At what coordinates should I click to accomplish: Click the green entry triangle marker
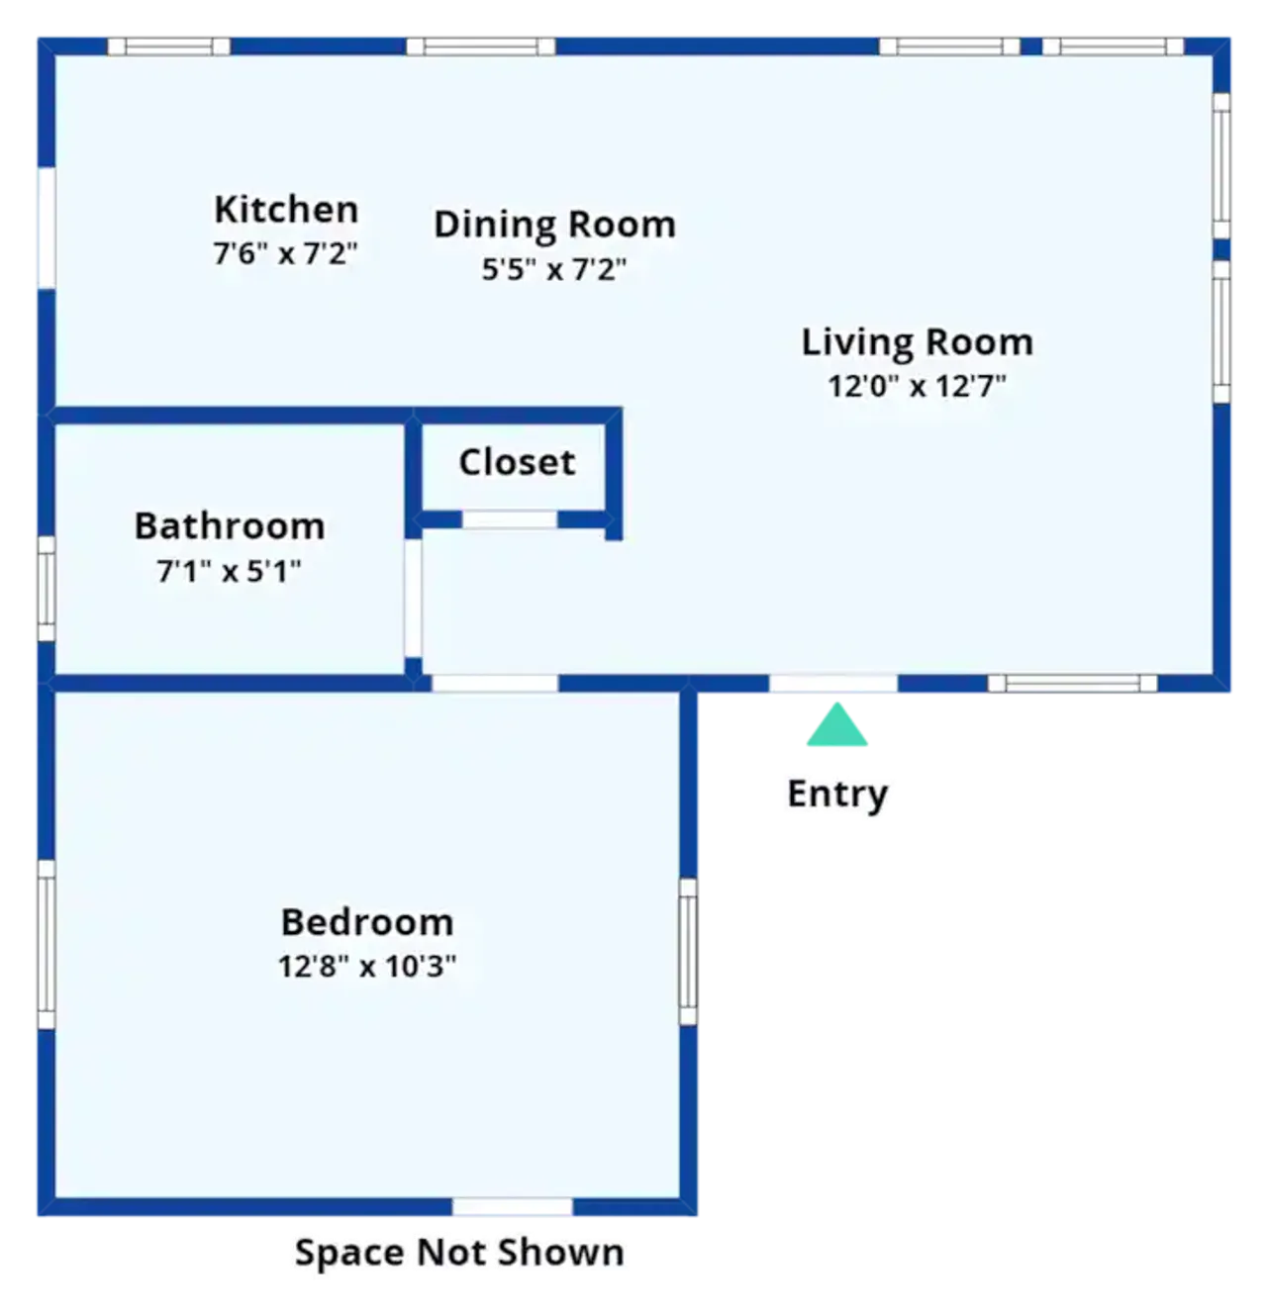[836, 725]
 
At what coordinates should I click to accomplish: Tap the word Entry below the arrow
[837, 795]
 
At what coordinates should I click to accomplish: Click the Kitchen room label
[286, 210]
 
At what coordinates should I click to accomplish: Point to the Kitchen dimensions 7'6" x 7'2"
[285, 253]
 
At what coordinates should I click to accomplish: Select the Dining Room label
[554, 225]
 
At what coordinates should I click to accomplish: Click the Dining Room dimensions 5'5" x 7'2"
[553, 269]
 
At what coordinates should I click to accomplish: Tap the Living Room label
[918, 341]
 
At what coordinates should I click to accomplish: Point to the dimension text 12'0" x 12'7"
[918, 386]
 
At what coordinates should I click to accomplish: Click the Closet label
[518, 462]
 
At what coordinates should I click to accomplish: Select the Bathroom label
[230, 526]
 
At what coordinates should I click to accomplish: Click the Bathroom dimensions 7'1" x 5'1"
[229, 571]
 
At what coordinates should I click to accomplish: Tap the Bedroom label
[367, 922]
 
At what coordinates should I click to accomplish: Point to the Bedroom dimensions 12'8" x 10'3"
[367, 967]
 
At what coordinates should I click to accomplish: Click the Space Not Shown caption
[459, 1254]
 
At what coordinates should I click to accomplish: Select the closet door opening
[509, 519]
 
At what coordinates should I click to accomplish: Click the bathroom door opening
[414, 599]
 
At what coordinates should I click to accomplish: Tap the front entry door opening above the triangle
[833, 684]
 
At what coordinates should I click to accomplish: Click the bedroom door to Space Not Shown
[512, 1206]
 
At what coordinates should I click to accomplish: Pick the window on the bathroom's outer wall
[46, 589]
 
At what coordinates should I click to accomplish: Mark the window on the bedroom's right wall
[688, 952]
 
